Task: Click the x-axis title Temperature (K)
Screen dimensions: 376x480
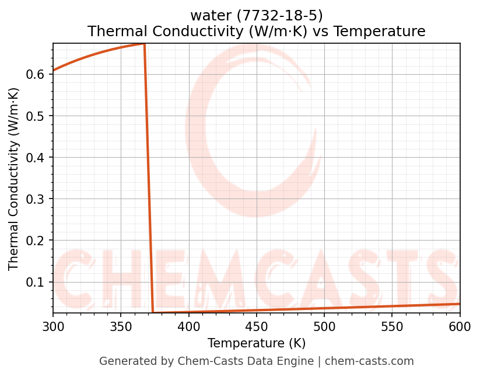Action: pyautogui.click(x=257, y=343)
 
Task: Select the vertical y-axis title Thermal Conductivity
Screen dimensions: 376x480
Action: pyautogui.click(x=14, y=179)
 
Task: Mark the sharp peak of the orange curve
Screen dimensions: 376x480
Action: pyautogui.click(x=144, y=44)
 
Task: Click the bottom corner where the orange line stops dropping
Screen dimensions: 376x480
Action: pyautogui.click(x=153, y=312)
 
